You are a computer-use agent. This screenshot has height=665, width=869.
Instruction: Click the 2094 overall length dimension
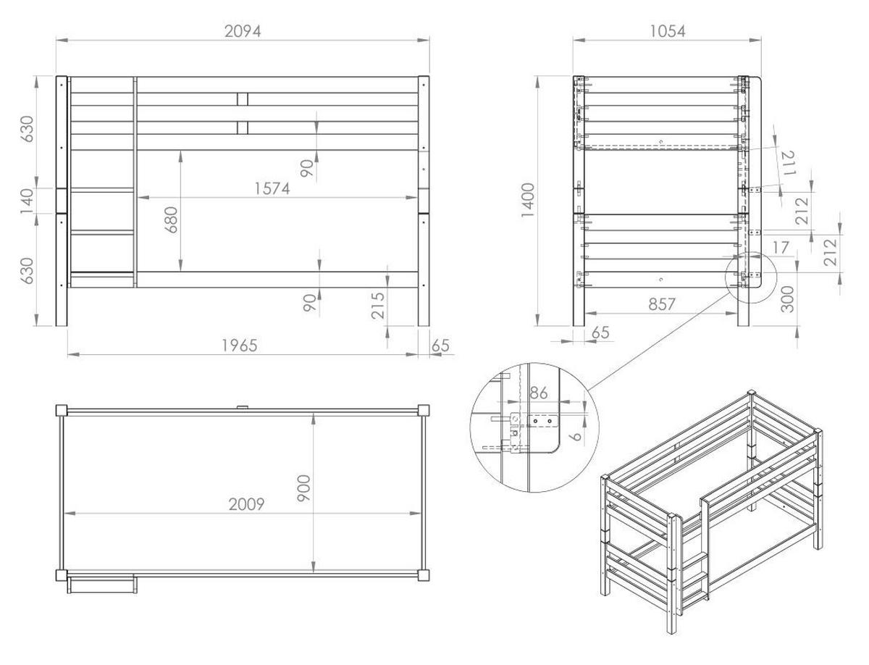(242, 30)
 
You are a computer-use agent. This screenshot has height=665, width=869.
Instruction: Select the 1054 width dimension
(667, 30)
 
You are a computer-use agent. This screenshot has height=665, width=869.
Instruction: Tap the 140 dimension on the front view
(28, 201)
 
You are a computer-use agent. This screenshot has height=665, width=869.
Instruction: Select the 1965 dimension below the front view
(239, 346)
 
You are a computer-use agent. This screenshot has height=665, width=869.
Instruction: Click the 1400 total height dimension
(527, 201)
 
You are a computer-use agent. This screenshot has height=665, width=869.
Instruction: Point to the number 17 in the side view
(780, 248)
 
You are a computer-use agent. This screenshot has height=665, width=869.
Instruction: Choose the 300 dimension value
(788, 298)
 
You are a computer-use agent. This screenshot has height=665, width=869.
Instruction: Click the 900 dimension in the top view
(303, 490)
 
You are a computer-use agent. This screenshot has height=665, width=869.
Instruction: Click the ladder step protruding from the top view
(101, 584)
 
